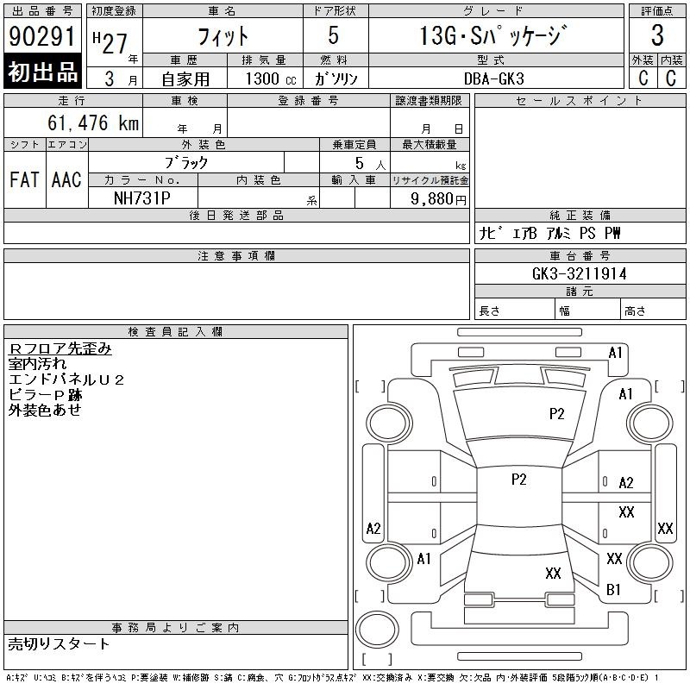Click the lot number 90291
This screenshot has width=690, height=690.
42,36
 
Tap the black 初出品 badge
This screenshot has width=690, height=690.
42,72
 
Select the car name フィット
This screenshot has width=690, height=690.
223,36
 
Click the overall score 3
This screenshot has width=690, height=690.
657,35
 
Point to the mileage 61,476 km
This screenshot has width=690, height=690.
93,122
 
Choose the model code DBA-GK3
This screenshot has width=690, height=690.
494,78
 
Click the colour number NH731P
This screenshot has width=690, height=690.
142,198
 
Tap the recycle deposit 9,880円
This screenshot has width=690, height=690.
438,199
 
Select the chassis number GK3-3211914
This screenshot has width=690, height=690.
580,273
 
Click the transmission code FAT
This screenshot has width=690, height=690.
24,179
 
